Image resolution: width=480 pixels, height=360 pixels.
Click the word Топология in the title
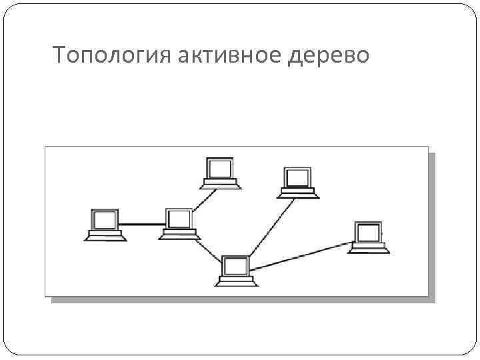pyautogui.click(x=113, y=56)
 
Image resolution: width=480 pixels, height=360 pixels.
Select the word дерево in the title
pyautogui.click(x=329, y=56)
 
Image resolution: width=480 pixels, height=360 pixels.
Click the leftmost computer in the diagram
pyautogui.click(x=105, y=224)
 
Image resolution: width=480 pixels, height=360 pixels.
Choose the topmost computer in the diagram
pyautogui.click(x=221, y=173)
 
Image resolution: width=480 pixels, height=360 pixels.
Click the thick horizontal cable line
pyautogui.click(x=143, y=225)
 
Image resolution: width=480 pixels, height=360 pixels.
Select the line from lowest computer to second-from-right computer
pyautogui.click(x=273, y=227)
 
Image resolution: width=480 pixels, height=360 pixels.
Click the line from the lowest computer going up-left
pyautogui.click(x=207, y=249)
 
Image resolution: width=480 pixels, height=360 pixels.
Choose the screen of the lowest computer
pyautogui.click(x=236, y=265)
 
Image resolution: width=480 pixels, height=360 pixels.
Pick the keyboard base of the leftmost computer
pyautogui.click(x=105, y=235)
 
